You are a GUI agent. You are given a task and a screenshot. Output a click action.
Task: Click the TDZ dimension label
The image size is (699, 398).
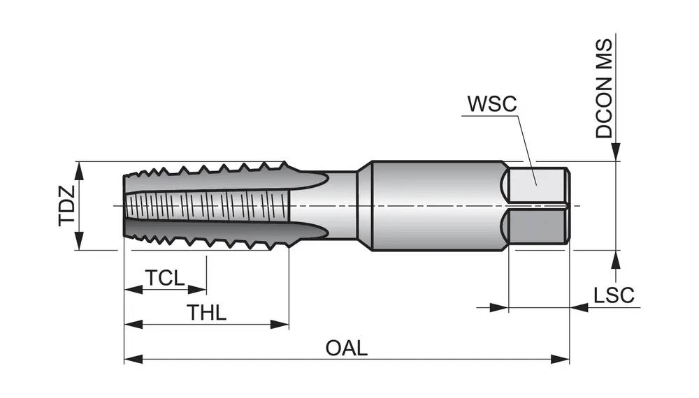click(x=66, y=206)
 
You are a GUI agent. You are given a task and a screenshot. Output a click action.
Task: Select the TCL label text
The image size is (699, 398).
click(x=165, y=278)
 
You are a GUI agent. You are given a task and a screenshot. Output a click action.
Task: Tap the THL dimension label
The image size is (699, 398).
click(x=207, y=313)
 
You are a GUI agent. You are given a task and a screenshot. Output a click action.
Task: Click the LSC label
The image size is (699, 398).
click(x=614, y=295)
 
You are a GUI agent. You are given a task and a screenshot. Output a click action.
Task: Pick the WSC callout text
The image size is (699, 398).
click(x=491, y=104)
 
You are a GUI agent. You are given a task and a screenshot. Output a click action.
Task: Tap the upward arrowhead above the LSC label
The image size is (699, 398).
click(x=616, y=259)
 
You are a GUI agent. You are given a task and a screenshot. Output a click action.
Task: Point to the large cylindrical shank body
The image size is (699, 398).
click(x=433, y=206)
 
